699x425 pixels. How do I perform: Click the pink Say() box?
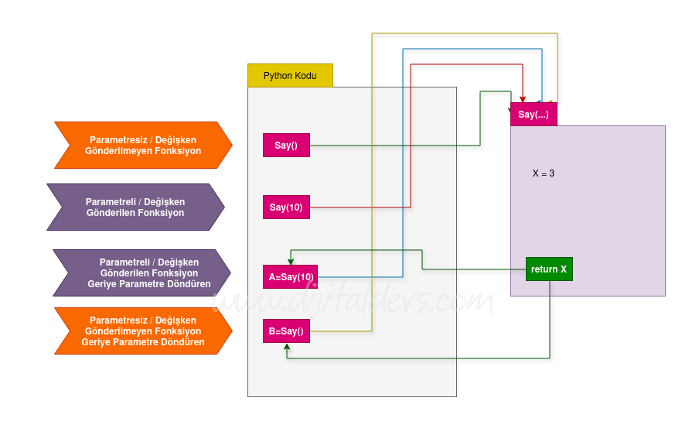coord(286,146)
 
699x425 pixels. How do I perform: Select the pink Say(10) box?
coord(286,207)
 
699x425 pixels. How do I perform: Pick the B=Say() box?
coord(286,331)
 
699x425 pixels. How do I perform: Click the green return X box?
coord(549,269)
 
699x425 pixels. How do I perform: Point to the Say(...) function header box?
coord(534,115)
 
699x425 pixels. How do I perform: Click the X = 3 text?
coord(544,173)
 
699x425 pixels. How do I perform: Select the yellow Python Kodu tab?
coord(290,76)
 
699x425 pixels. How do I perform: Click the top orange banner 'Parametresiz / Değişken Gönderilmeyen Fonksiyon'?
coord(143,146)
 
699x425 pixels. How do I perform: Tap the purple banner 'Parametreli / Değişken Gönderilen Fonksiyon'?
coord(135,207)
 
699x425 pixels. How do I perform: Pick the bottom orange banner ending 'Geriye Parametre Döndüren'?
coord(143,331)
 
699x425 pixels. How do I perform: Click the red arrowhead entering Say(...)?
coord(523,99)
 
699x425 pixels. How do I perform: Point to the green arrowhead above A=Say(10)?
coord(291,261)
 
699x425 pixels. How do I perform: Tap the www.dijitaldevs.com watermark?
coord(352,300)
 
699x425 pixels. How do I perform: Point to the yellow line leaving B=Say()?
coord(340,331)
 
